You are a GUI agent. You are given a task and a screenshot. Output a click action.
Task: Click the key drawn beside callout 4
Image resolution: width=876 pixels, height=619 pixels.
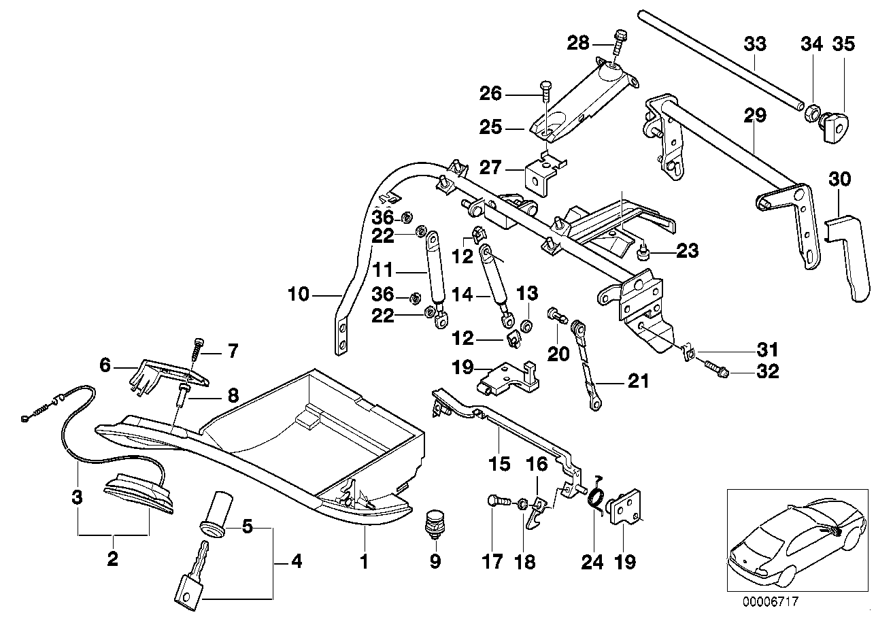coord(192,575)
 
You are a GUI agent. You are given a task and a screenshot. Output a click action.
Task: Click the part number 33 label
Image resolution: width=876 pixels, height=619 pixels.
coord(755,44)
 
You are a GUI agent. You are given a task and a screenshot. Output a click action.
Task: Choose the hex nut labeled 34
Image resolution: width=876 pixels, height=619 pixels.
coord(811,112)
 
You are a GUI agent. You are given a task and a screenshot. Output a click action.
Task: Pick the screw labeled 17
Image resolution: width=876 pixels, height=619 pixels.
coord(499,502)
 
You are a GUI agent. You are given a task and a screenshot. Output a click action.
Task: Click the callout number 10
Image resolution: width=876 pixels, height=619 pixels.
coord(298,295)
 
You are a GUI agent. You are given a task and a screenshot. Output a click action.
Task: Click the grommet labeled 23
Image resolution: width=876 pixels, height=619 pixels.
coord(641,254)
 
